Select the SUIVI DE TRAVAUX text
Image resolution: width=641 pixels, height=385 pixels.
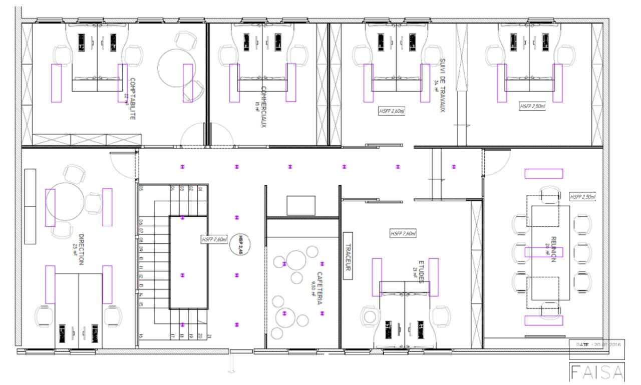(442, 85)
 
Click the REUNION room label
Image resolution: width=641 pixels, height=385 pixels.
(554, 249)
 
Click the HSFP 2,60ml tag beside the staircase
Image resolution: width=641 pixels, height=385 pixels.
(214, 240)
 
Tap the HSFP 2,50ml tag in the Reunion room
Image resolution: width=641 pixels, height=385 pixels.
(582, 197)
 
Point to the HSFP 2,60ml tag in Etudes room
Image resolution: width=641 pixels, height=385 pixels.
(403, 234)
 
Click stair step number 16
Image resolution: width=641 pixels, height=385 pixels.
(142, 336)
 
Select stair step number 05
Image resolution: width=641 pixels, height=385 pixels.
(142, 189)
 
